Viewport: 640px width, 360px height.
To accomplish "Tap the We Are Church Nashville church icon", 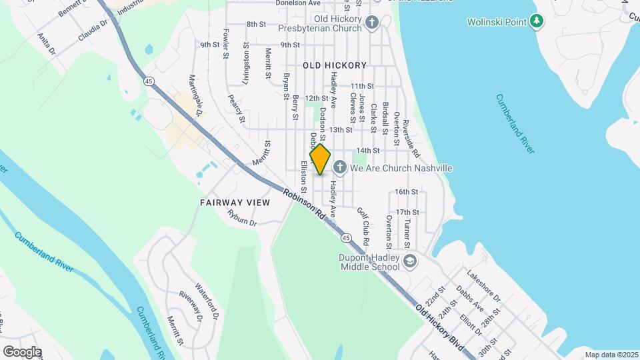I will [x=339, y=167].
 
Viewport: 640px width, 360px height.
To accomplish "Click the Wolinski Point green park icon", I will [x=537, y=22].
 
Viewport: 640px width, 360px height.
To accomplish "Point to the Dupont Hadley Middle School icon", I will [x=409, y=261].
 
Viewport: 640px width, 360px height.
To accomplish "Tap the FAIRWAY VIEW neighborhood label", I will [x=235, y=201].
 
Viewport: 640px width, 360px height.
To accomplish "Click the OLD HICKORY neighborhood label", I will [x=335, y=65].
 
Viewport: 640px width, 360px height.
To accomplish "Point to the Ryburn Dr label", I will [x=242, y=217].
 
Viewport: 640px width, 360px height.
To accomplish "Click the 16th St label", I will [x=406, y=192].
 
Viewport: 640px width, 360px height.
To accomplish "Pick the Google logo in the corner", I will [x=22, y=352].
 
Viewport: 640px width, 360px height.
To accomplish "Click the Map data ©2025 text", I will [x=611, y=355].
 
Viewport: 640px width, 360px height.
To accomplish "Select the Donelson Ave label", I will [x=298, y=3].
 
